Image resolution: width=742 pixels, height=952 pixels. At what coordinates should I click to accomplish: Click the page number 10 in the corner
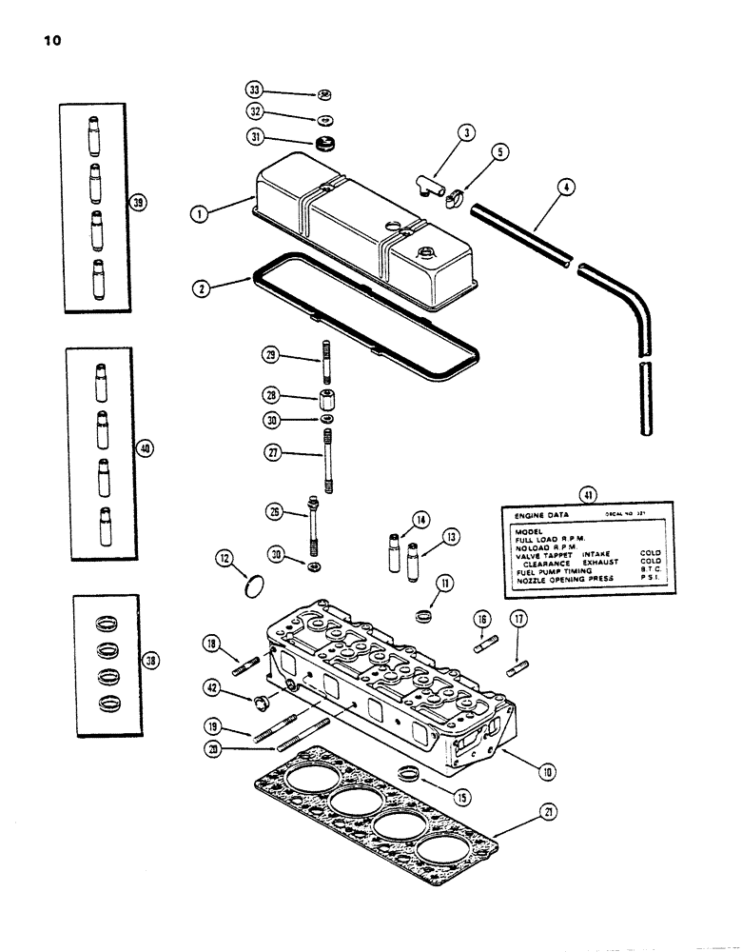49,42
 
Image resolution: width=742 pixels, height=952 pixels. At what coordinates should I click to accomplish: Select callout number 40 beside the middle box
144,448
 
